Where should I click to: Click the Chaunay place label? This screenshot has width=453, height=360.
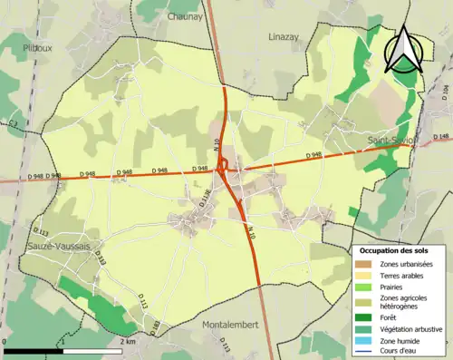pos(184,15)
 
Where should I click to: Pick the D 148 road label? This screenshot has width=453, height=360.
pos(442,137)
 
